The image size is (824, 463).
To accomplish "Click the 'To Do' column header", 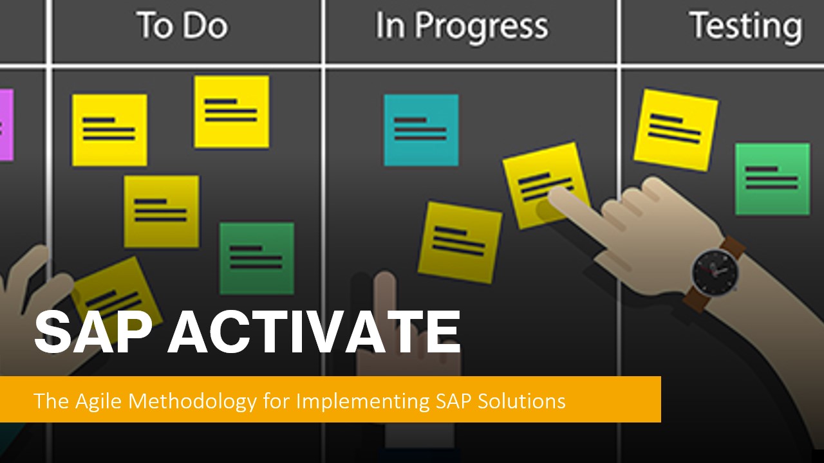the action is click(183, 25).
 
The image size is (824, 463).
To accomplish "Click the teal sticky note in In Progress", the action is click(421, 130).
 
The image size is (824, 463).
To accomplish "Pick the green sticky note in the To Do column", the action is click(257, 259).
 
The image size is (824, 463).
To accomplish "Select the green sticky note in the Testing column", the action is click(772, 179).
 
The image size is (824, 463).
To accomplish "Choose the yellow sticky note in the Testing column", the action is click(676, 130).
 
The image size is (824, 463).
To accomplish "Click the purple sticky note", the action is click(6, 125).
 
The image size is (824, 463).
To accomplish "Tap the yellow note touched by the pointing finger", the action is click(547, 185).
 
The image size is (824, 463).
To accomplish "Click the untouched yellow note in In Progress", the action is click(460, 242).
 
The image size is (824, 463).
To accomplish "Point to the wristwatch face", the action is click(715, 272).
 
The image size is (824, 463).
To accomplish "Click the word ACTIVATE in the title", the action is click(314, 332).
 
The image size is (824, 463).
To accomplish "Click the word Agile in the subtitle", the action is click(98, 401).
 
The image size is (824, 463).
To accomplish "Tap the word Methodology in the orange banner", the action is click(192, 401).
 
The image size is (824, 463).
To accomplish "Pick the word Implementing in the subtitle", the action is click(362, 401).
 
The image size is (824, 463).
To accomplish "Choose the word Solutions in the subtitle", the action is click(521, 401).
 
